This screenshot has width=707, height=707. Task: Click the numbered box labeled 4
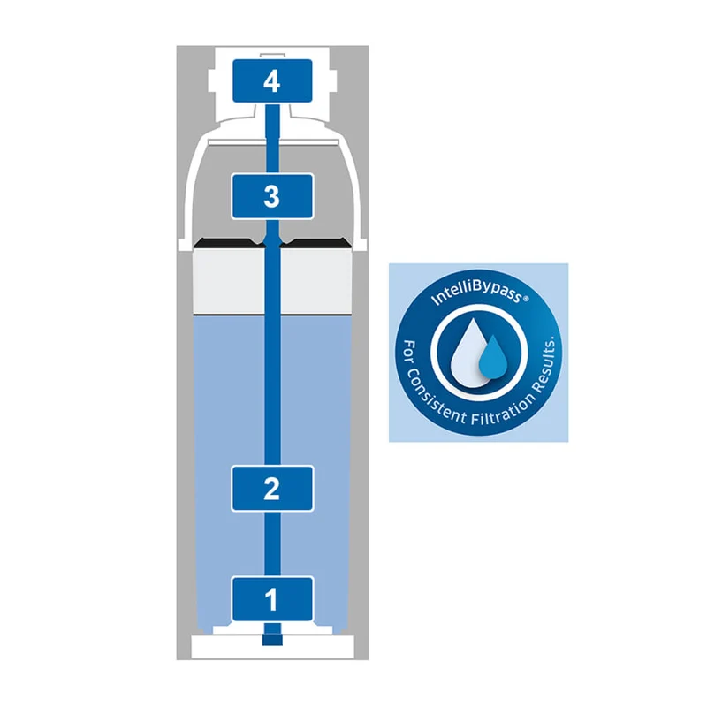[272, 80]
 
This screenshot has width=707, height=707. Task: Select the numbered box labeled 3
[272, 196]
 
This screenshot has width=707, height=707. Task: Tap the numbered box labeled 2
[272, 489]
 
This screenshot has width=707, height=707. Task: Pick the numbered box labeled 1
[272, 599]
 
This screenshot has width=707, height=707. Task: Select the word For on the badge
[409, 352]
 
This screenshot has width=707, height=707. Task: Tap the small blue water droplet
[491, 357]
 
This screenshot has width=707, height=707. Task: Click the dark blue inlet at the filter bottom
[272, 639]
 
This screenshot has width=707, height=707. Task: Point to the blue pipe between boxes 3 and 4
[272, 138]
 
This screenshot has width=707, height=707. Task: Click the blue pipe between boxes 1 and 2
[272, 544]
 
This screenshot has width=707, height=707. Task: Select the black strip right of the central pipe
[316, 243]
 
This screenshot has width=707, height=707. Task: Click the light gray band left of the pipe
[228, 280]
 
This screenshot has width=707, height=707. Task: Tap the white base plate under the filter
[272, 647]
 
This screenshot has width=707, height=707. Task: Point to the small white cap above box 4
[272, 57]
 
